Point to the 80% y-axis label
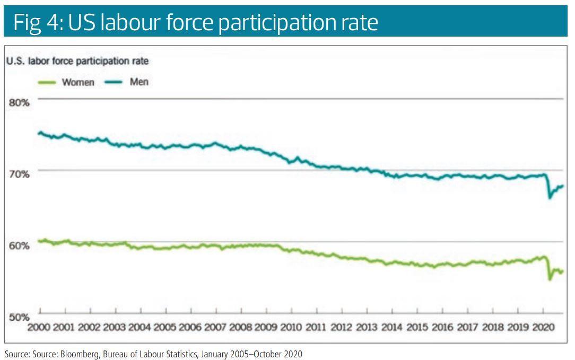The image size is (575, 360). click(18, 102)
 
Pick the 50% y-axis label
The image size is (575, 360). click(18, 317)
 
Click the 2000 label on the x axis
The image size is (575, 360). click(41, 327)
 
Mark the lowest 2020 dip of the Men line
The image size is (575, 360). click(550, 198)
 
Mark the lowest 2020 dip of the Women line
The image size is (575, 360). click(550, 279)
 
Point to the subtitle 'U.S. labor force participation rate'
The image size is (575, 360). click(77, 61)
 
